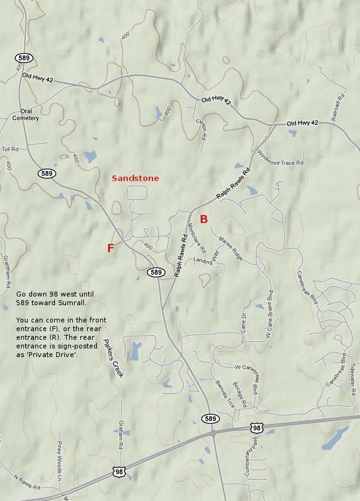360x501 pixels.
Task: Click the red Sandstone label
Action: [135, 178]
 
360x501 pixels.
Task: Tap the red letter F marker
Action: [111, 248]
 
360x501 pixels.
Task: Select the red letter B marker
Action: [204, 219]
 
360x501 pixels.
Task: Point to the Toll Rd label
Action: [10, 149]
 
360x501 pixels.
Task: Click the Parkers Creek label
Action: [113, 358]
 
